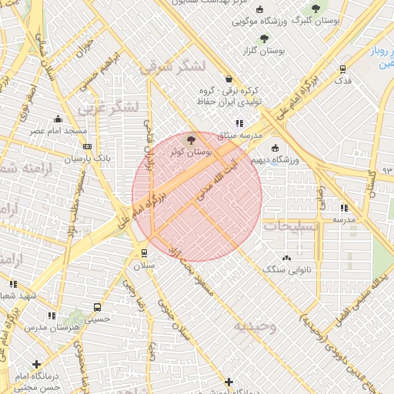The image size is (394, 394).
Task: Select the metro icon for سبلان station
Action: click(144, 252)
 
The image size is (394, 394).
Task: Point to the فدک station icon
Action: click(342, 68)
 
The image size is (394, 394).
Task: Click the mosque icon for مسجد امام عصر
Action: click(58, 119)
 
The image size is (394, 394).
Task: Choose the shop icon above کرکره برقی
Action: click(229, 78)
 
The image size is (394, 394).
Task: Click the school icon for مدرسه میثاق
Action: click(239, 122)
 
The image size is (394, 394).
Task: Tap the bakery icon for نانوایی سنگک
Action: click(287, 258)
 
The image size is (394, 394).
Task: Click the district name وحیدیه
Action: click(255, 326)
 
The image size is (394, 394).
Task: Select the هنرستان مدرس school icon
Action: click(52, 316)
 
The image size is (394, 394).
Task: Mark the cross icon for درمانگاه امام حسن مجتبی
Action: click(36, 364)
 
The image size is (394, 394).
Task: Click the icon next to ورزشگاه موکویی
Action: click(259, 10)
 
